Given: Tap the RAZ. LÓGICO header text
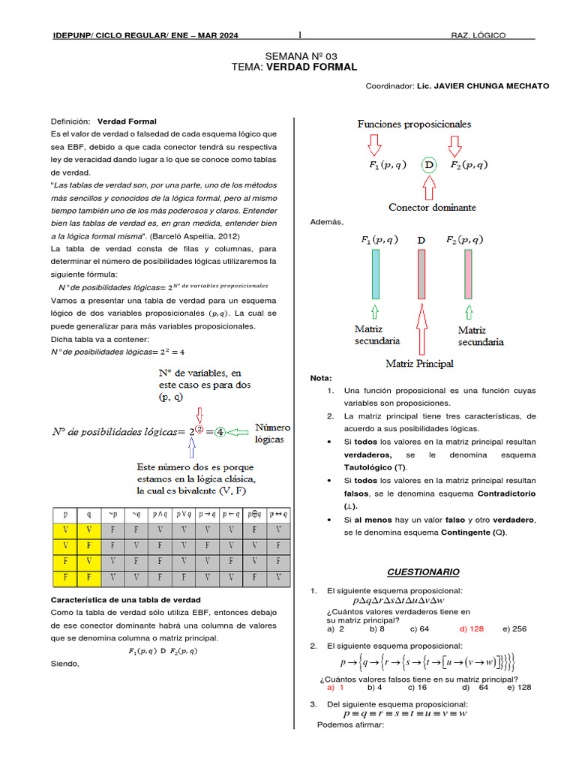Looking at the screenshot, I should coord(478,36).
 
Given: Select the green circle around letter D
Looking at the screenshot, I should coord(428,165).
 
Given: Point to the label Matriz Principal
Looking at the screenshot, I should coord(419,364).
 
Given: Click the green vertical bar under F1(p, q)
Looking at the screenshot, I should coord(375,274).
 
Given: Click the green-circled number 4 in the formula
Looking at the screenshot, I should coord(219,432).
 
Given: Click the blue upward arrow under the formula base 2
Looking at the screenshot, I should coord(192,447).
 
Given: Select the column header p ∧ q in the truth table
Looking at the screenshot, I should coord(160,515).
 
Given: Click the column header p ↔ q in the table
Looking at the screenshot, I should coord(278,515).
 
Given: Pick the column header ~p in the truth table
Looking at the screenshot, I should coord(113,515).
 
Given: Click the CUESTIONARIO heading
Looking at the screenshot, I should coord(423,572).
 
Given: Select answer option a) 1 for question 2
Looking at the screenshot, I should coord(335,686).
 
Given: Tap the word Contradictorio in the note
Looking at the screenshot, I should coord(508,493).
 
